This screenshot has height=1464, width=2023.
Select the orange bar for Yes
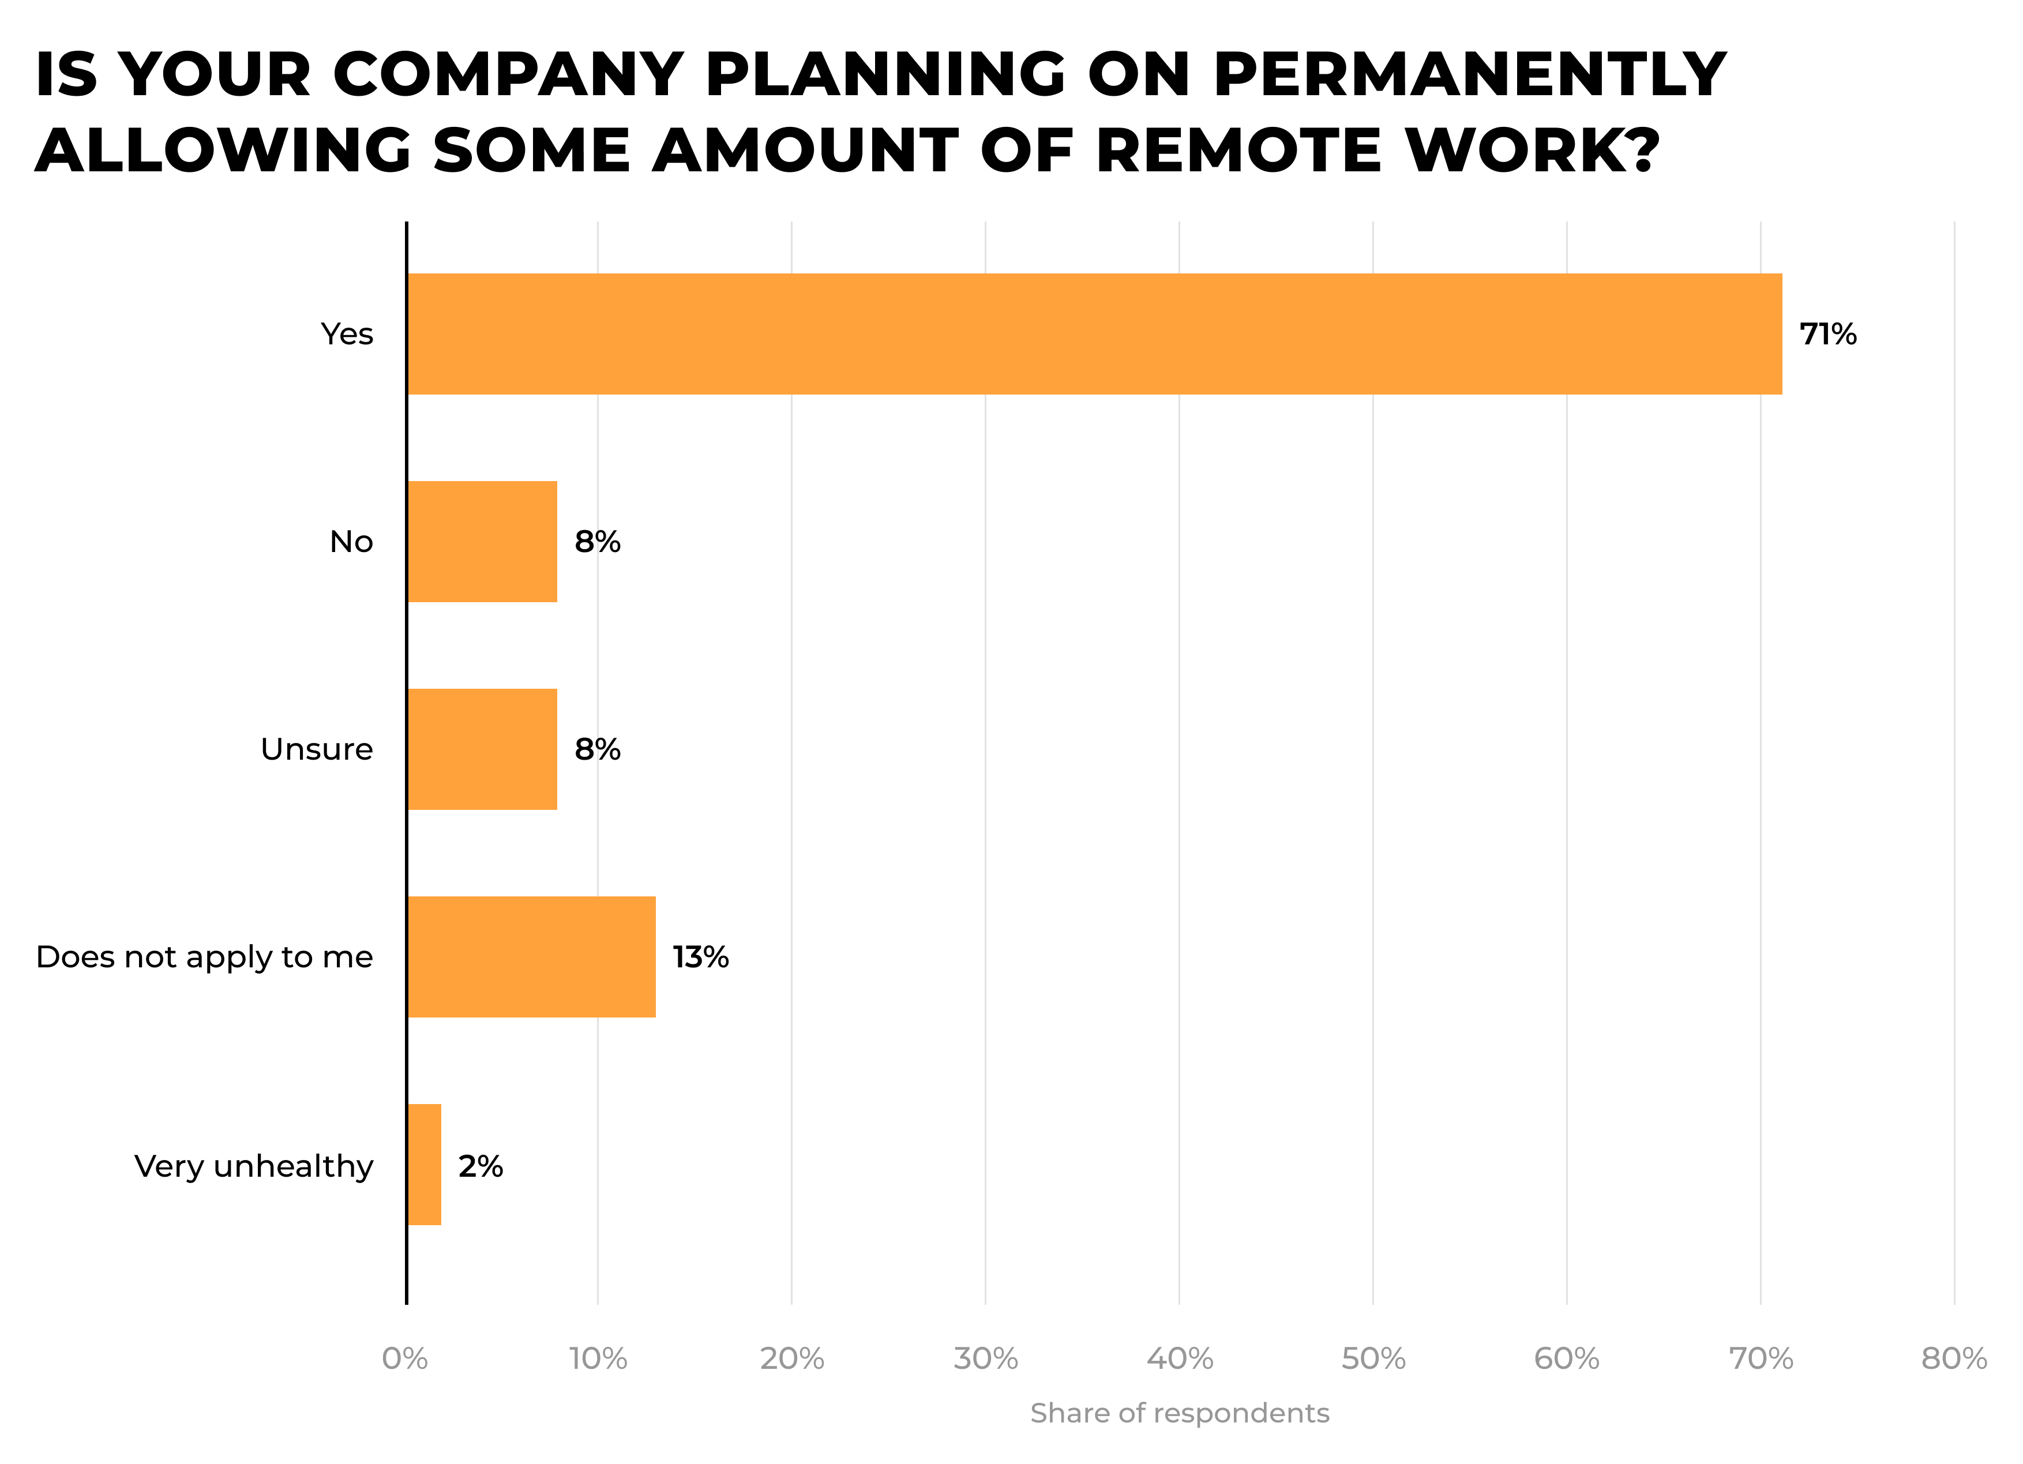(x=1094, y=333)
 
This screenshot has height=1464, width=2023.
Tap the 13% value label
(x=700, y=958)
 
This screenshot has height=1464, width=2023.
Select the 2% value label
(x=481, y=1166)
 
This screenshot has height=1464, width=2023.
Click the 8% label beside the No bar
(x=596, y=542)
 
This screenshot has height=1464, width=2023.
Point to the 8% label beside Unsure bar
(x=596, y=749)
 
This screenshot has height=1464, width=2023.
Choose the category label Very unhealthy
(x=253, y=1166)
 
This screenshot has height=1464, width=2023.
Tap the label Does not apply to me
(x=204, y=958)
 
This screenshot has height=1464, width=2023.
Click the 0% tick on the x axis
(x=405, y=1358)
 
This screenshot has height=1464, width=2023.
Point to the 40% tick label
(x=1179, y=1358)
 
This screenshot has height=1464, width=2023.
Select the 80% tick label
(x=1953, y=1358)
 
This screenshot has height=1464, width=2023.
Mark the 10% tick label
(x=598, y=1358)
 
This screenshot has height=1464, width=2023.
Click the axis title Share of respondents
(x=1179, y=1413)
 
